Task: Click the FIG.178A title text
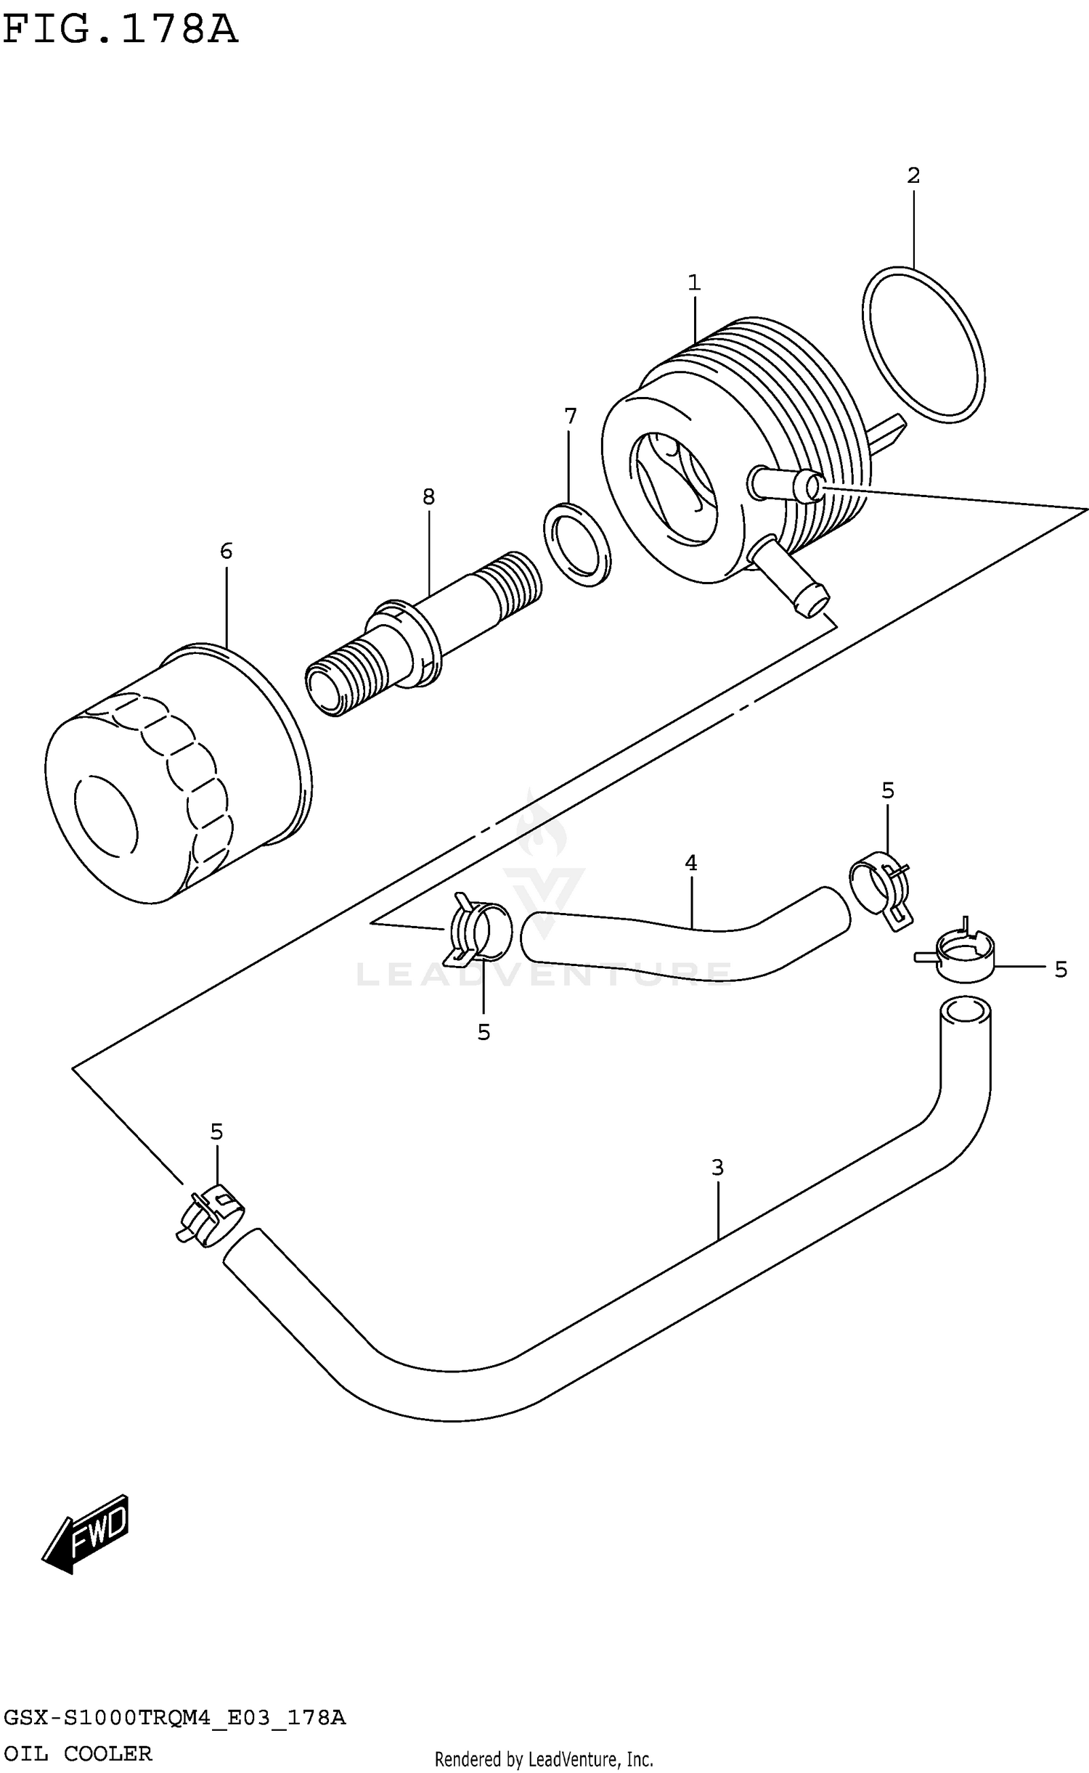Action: [x=120, y=29]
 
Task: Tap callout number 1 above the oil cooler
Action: [x=694, y=283]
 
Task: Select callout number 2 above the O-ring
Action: [x=913, y=176]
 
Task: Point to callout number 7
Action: [x=570, y=417]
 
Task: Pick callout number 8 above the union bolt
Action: [x=428, y=497]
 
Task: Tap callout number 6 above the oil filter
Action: [x=226, y=552]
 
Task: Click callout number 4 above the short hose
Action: [x=690, y=863]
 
